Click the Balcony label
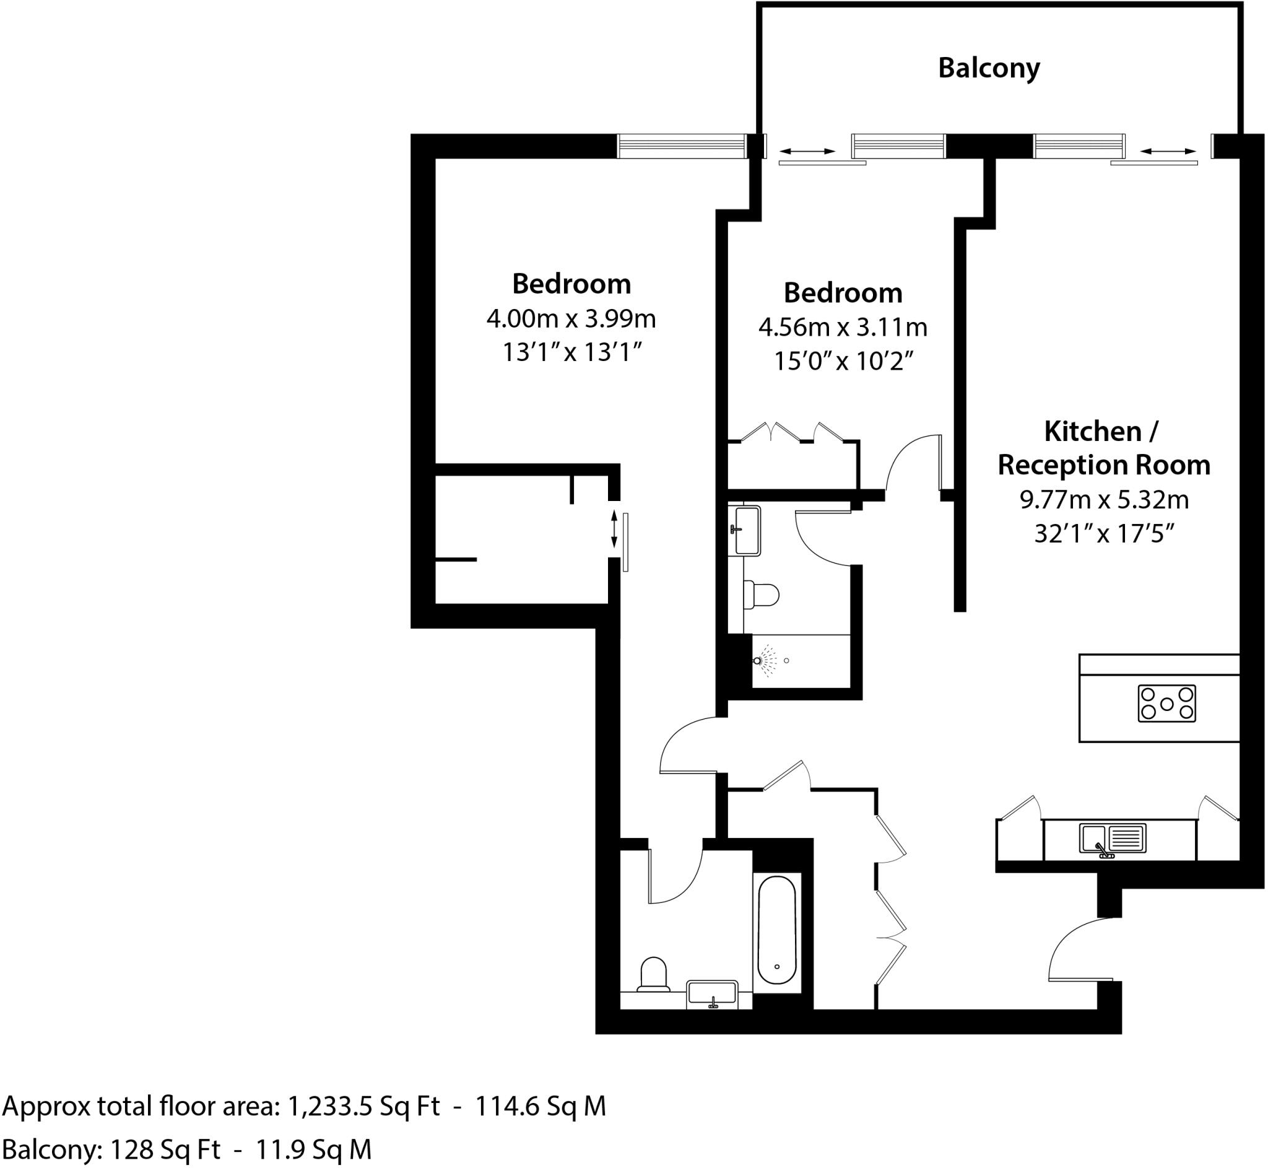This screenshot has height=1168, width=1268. (988, 68)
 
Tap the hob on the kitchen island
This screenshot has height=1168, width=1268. (1166, 704)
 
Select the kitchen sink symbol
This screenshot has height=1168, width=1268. (1112, 839)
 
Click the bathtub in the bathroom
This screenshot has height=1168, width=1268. (776, 929)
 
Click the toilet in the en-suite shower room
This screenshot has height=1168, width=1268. (762, 595)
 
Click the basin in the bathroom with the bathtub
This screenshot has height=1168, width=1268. (712, 993)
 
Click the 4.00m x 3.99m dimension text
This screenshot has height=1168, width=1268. (570, 318)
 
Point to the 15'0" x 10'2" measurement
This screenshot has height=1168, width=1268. (843, 362)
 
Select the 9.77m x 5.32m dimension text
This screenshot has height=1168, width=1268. (1104, 500)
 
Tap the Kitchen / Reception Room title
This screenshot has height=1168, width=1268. (1103, 448)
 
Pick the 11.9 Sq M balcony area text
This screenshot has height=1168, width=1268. (313, 1149)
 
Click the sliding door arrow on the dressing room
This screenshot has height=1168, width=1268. (614, 530)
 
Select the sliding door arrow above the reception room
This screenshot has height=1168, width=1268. (1168, 152)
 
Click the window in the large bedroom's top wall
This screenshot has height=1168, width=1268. (680, 147)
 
